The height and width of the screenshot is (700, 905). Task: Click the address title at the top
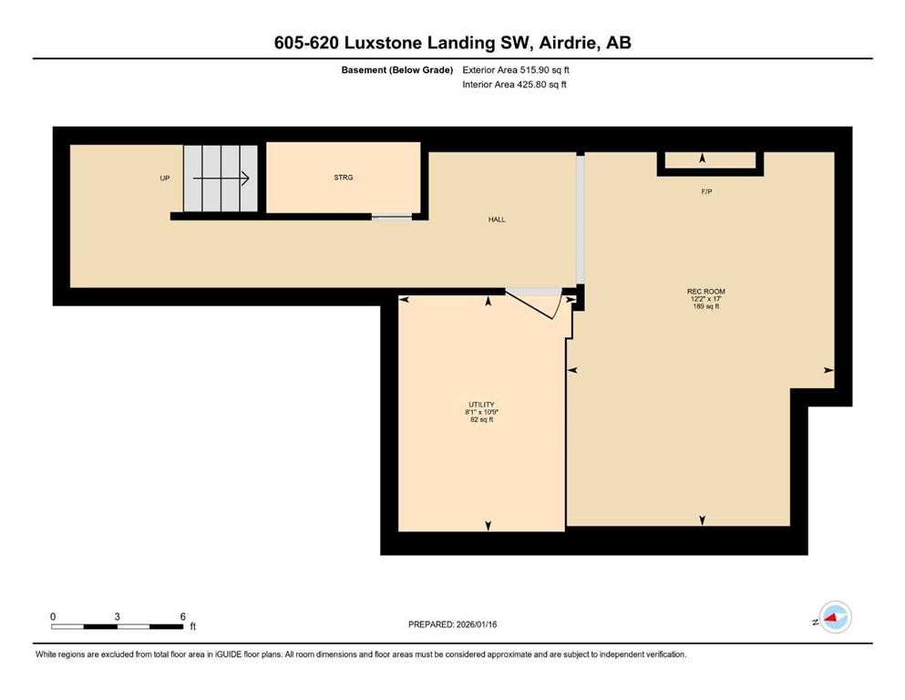(x=452, y=43)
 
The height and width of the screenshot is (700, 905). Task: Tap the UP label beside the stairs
(x=165, y=178)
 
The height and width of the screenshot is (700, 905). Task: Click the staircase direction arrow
(x=221, y=179)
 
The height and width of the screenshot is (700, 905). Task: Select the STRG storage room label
(x=343, y=177)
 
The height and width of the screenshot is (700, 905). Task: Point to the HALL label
(x=497, y=220)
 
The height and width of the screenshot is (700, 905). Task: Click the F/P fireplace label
(x=706, y=192)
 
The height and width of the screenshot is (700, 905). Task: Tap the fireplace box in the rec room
(x=710, y=161)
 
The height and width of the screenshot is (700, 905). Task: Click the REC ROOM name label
(x=706, y=292)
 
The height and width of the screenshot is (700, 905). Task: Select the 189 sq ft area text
(x=706, y=306)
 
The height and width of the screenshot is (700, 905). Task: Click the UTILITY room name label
(x=481, y=405)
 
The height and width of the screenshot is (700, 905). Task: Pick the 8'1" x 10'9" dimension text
(x=481, y=412)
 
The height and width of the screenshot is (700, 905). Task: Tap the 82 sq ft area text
(x=481, y=419)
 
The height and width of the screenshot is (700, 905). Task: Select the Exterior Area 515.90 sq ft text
(x=515, y=69)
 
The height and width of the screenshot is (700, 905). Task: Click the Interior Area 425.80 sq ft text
(x=515, y=85)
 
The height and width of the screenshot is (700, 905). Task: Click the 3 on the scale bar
(x=118, y=616)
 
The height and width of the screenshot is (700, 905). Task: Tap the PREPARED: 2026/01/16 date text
(x=453, y=624)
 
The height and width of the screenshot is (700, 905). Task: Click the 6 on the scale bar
(x=183, y=616)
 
